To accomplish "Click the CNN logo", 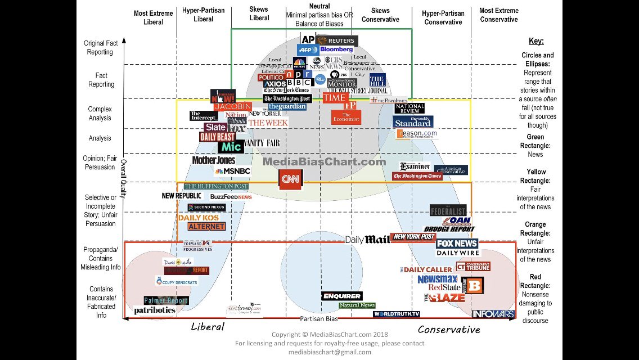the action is click(x=290, y=179).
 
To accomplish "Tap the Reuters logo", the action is click(x=336, y=40).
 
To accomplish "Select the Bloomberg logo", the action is click(x=336, y=49).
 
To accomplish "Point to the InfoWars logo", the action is click(x=493, y=314).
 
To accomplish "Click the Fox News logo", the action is click(x=457, y=244).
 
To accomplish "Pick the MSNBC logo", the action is click(x=232, y=171).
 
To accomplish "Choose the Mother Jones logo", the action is click(x=213, y=160).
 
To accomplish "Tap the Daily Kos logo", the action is click(x=199, y=218).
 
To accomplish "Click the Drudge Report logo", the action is click(x=449, y=229).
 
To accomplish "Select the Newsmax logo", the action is click(x=437, y=279).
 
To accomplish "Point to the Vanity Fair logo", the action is click(x=262, y=143).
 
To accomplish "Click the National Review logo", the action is click(x=409, y=108).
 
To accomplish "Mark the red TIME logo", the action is click(x=334, y=97).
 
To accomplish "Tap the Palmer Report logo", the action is click(x=165, y=300).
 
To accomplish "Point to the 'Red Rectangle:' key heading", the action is click(x=535, y=277).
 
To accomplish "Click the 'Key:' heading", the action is click(x=536, y=41).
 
